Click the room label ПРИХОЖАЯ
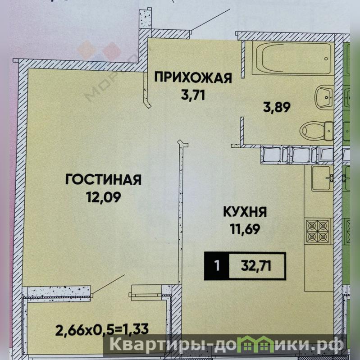pyautogui.click(x=193, y=77)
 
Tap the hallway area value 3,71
pyautogui.click(x=193, y=95)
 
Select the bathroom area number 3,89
pyautogui.click(x=277, y=107)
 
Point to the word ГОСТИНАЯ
pyautogui.click(x=103, y=179)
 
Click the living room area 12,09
pyautogui.click(x=103, y=197)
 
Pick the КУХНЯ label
pyautogui.click(x=245, y=212)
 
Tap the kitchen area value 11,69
pyautogui.click(x=245, y=229)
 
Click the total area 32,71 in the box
pyautogui.click(x=256, y=266)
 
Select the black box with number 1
pyautogui.click(x=216, y=266)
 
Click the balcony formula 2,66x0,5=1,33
pyautogui.click(x=102, y=329)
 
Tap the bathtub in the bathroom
pyautogui.click(x=292, y=58)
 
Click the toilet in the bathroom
pyautogui.click(x=316, y=131)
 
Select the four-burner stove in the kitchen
pyautogui.click(x=318, y=231)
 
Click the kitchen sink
pyautogui.click(x=322, y=178)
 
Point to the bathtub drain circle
pyautogui.click(x=326, y=59)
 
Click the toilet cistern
pyautogui.click(x=329, y=131)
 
